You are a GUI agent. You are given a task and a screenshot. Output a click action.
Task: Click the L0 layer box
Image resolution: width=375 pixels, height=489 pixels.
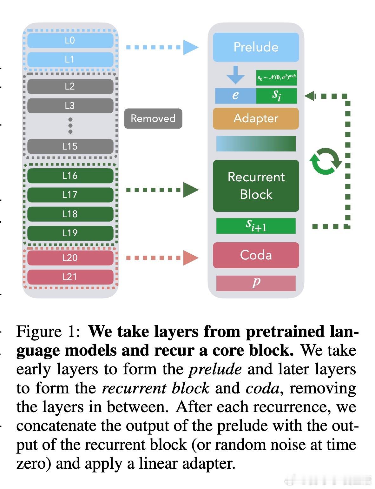[x=70, y=40]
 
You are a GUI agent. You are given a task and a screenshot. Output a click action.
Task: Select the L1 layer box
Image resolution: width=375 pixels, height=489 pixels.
[x=70, y=59]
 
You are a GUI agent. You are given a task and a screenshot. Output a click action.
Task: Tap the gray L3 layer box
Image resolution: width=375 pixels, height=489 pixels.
[x=70, y=105]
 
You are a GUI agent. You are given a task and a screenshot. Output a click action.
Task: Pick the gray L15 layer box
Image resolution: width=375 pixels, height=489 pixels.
[x=70, y=146]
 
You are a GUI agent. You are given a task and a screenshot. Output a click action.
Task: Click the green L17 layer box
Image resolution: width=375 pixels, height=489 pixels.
[x=70, y=195]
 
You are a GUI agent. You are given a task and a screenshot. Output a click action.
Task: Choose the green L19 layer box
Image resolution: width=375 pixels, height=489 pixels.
[x=70, y=233]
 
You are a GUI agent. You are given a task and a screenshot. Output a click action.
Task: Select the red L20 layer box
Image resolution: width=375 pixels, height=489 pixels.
[x=70, y=258]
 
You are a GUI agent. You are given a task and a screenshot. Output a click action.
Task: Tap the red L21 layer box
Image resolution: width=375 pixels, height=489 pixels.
[x=70, y=277]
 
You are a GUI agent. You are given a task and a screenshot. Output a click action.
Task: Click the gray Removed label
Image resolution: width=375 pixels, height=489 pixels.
[x=153, y=118]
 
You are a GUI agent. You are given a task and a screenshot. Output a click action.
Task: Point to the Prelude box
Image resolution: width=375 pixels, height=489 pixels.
[x=256, y=47]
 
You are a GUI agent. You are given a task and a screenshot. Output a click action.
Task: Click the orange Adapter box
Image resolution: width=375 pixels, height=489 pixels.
[x=256, y=118]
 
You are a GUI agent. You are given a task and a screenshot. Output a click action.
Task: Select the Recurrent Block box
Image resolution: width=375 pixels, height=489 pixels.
[x=256, y=186]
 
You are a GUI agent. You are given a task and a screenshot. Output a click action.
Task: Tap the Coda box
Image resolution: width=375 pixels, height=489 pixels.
[x=256, y=255]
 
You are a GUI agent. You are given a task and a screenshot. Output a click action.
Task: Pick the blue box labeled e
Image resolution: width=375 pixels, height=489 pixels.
[x=235, y=96]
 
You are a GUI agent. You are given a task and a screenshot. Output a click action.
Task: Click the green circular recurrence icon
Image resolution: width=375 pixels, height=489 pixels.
[x=325, y=161]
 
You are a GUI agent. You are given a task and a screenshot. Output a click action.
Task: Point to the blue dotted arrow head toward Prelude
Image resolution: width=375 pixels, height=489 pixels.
[x=190, y=47]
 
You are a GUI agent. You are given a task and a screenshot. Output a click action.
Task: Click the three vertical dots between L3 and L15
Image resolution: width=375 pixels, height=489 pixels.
[x=70, y=126]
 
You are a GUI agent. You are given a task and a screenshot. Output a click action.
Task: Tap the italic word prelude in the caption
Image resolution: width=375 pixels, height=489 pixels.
[x=215, y=369]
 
